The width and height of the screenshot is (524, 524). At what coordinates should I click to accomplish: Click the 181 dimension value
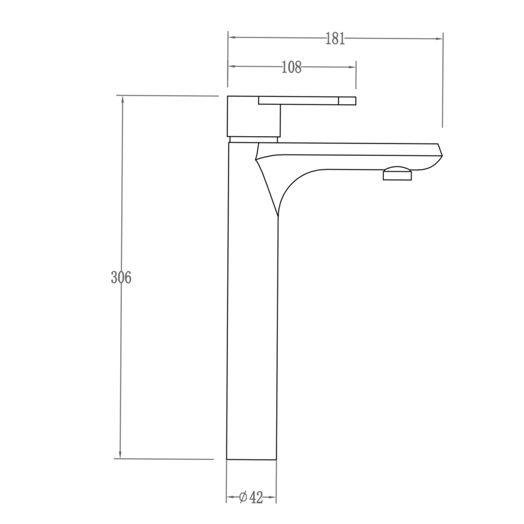tap(335, 39)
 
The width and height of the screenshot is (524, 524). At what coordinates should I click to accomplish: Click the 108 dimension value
tap(291, 67)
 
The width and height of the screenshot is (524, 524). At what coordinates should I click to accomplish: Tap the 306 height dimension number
tap(121, 277)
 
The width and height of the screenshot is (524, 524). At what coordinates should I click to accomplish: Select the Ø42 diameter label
tap(251, 498)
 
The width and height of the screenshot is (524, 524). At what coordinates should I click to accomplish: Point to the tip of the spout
tap(441, 151)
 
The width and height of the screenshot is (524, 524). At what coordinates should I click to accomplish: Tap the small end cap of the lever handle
tap(347, 100)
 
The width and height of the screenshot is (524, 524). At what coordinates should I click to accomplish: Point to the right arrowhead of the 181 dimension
tap(439, 38)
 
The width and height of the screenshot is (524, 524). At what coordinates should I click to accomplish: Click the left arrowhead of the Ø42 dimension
tap(231, 498)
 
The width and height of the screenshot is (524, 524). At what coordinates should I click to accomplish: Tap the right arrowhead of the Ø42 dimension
tap(272, 498)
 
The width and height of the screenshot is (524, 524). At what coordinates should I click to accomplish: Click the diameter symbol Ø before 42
tap(242, 498)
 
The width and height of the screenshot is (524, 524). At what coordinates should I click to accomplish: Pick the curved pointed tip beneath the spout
tap(278, 212)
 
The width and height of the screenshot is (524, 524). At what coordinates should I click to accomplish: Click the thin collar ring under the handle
tap(254, 139)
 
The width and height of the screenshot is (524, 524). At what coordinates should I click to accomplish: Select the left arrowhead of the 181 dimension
tap(232, 38)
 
